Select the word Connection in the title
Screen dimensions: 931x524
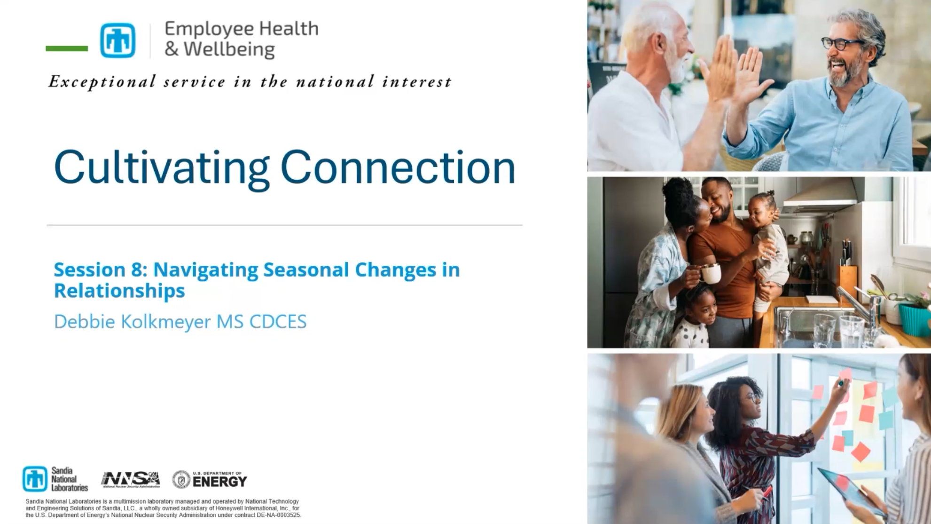pyautogui.click(x=398, y=167)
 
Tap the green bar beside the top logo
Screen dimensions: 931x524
pyautogui.click(x=67, y=48)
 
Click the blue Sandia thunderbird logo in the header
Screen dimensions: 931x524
pyautogui.click(x=117, y=40)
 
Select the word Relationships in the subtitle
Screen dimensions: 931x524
pyautogui.click(x=119, y=291)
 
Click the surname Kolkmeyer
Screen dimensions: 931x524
pyautogui.click(x=166, y=322)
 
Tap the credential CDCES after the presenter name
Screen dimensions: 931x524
pyautogui.click(x=278, y=322)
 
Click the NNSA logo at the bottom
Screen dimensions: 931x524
pyautogui.click(x=131, y=479)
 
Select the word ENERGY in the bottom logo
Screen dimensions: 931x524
pyautogui.click(x=219, y=482)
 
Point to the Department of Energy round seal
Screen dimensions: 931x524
pyautogui.click(x=181, y=479)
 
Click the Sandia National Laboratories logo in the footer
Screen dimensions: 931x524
pyautogui.click(x=55, y=479)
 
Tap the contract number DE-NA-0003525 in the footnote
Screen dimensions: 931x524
pyautogui.click(x=278, y=515)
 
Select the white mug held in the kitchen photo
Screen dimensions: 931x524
pyautogui.click(x=711, y=273)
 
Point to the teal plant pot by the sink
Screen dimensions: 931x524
pyautogui.click(x=914, y=320)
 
